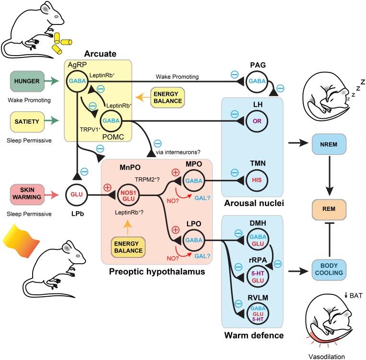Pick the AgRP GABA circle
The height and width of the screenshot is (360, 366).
click(x=77, y=82)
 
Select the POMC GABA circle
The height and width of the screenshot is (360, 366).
click(x=110, y=121)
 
